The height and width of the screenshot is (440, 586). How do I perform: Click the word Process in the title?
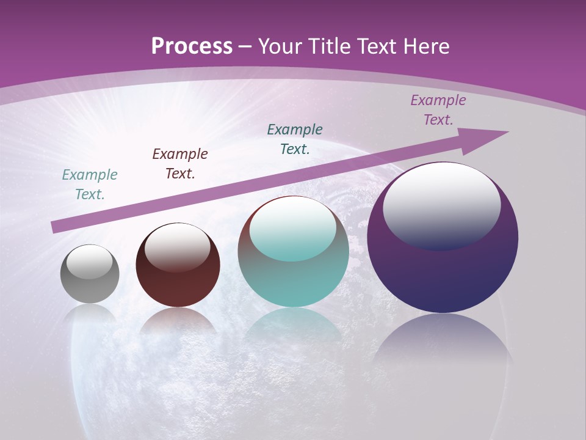pyautogui.click(x=192, y=46)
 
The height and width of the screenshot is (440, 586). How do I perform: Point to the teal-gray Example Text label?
pyautogui.click(x=90, y=185)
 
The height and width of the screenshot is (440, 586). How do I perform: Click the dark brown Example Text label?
pyautogui.click(x=180, y=164)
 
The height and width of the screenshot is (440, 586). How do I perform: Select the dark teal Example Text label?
pyautogui.click(x=295, y=139)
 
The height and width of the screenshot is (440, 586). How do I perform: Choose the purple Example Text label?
pyautogui.click(x=438, y=110)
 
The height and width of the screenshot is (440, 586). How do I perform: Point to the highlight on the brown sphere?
pyautogui.click(x=178, y=246)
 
